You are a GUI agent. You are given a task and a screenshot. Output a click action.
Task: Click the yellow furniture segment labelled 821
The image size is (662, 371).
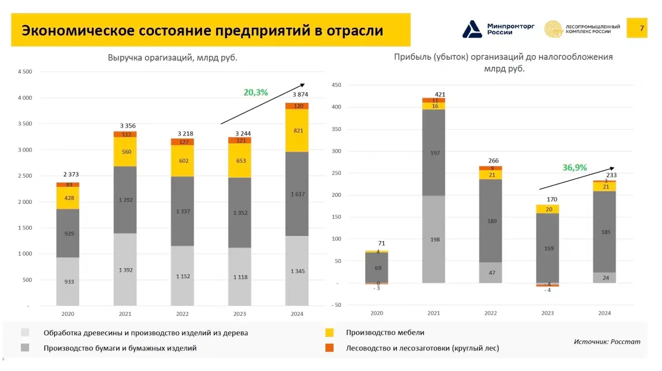[297, 131]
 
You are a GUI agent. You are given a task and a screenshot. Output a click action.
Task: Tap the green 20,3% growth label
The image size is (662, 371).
[256, 92]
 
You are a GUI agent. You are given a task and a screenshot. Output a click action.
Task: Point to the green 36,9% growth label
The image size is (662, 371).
[574, 168]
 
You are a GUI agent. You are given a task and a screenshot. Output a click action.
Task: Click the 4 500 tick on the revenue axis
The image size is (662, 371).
[25, 72]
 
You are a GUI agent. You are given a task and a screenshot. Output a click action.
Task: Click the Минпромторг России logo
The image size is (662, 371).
[491, 29]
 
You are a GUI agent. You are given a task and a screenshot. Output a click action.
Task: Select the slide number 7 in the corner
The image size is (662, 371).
[641, 28]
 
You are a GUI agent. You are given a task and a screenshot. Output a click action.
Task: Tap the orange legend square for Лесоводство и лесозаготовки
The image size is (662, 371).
[329, 347]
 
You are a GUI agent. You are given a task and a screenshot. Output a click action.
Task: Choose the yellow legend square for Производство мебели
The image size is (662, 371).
[329, 332]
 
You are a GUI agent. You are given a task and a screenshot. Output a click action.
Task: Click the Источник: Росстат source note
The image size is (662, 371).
[607, 342]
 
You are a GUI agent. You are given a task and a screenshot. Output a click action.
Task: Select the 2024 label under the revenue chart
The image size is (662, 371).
[297, 314]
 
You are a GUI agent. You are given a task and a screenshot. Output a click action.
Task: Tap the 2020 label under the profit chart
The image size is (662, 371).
[377, 313]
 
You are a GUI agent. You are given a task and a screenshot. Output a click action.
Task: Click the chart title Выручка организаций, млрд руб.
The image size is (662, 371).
[173, 58]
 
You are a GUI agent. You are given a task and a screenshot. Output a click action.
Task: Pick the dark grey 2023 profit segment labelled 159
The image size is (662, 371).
[548, 248]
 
